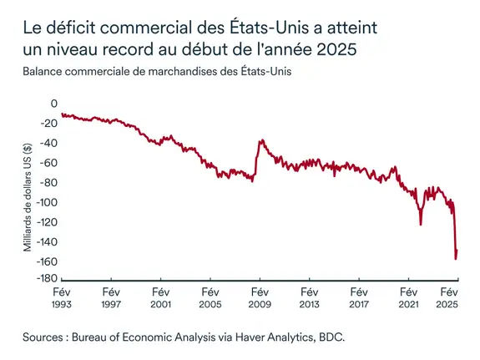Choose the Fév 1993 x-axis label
tap(61, 298)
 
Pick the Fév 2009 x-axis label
tap(259, 298)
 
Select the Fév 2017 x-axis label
tap(357, 298)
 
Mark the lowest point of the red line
tap(455, 258)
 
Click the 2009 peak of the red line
tap(260, 140)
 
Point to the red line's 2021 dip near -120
tap(421, 224)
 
